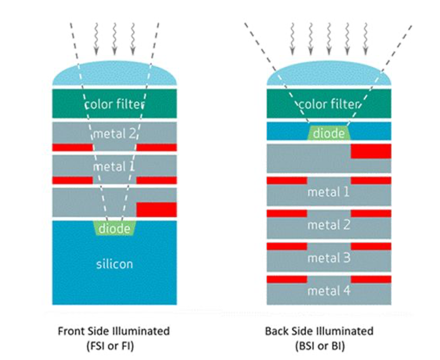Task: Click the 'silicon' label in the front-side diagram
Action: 114,264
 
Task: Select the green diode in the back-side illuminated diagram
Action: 329,133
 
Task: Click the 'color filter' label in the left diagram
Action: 114,104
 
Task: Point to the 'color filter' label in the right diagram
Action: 329,104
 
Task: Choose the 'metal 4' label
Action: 329,290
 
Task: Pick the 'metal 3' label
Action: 329,257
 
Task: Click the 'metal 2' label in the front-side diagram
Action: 114,133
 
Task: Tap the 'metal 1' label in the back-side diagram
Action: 329,192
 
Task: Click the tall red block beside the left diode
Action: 156,209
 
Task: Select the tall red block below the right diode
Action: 371,151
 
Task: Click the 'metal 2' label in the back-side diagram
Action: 329,225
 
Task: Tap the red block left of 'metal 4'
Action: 286,279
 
